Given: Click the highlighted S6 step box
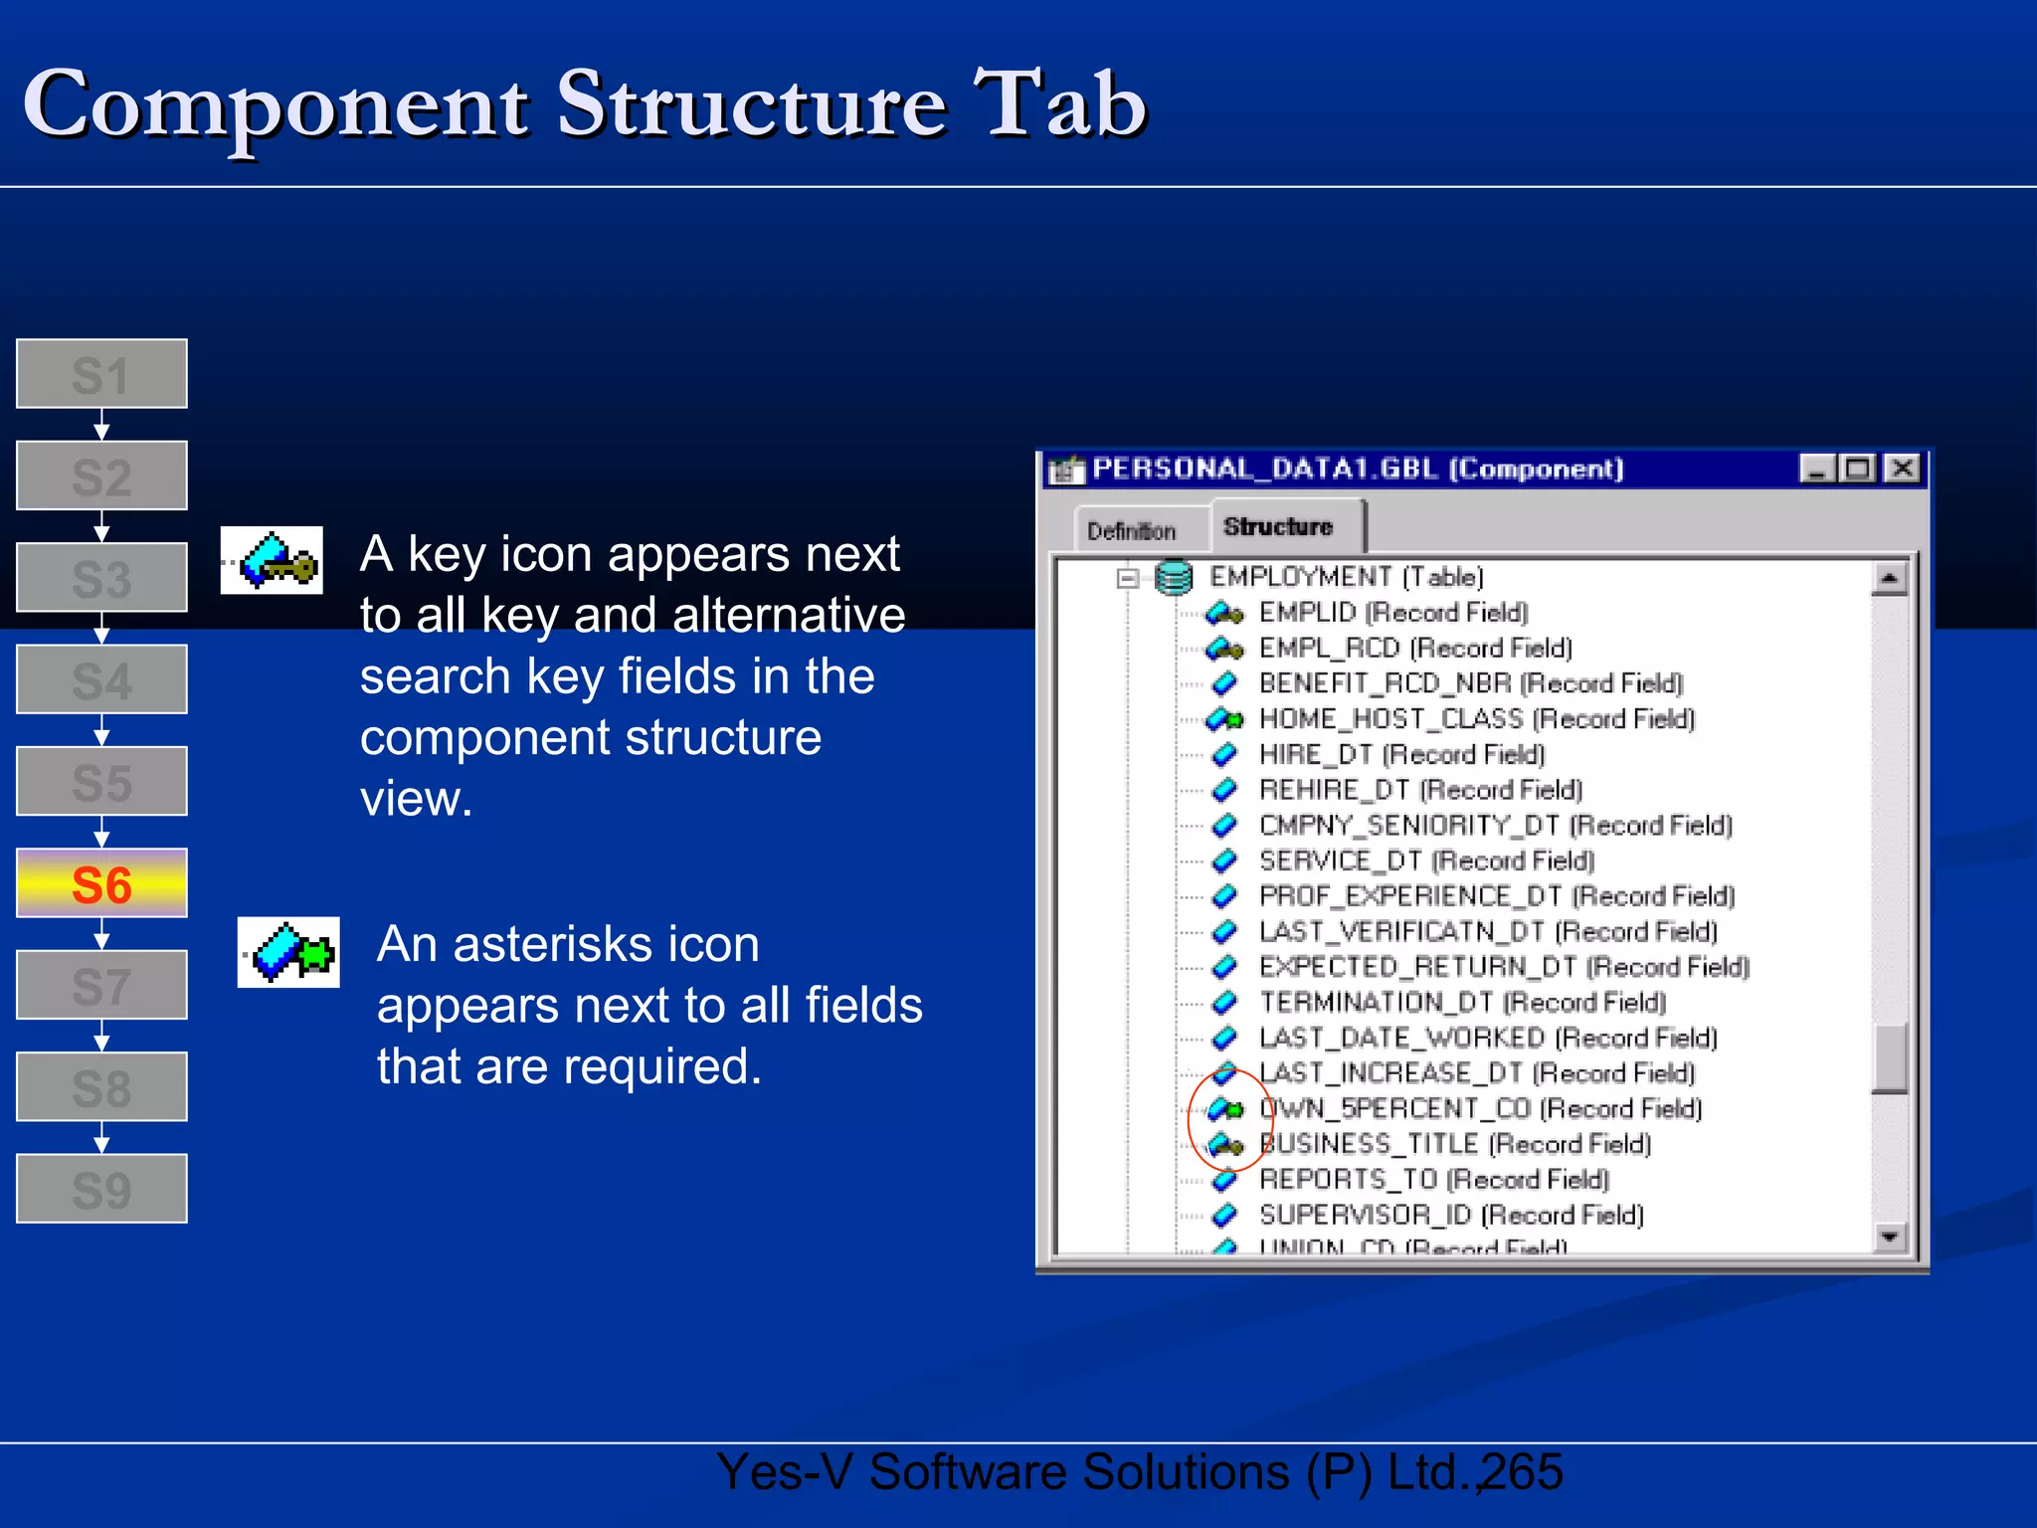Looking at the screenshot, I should tap(101, 883).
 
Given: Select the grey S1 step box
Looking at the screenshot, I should tap(101, 374).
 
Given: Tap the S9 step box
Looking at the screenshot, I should tap(101, 1189).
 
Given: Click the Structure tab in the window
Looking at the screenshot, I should tap(1278, 527).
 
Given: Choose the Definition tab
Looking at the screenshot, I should tap(1131, 531).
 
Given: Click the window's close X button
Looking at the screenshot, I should tap(1902, 469).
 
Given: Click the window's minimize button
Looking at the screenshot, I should tap(1817, 469).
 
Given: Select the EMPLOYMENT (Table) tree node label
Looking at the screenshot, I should tap(1346, 577).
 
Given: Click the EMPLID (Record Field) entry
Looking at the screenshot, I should tap(1392, 613).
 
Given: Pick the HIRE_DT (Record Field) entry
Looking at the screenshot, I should tap(1401, 754).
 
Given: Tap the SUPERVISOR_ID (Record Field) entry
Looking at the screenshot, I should tap(1451, 1215).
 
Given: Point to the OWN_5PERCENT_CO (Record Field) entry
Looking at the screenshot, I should tap(1480, 1108).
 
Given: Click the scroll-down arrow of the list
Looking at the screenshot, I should tap(1889, 1237).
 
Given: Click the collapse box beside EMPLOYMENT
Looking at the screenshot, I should tap(1127, 578).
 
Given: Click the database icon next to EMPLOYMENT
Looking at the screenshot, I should tap(1174, 577).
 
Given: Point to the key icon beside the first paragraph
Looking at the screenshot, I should tap(272, 561).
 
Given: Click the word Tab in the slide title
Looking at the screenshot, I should tap(1060, 105).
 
